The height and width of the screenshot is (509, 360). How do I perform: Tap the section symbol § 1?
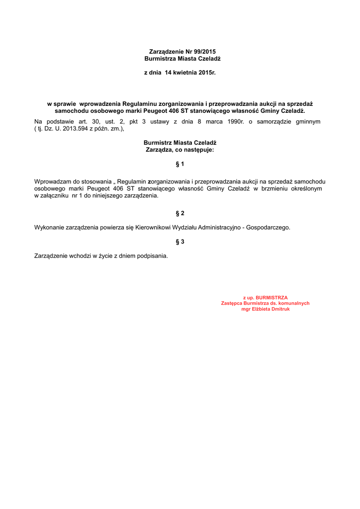pyautogui.click(x=180, y=164)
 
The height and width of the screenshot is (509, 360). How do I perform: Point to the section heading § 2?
pyautogui.click(x=180, y=214)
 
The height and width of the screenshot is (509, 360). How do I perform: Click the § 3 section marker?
pyautogui.click(x=180, y=242)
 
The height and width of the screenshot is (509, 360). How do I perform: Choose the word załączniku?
pyautogui.click(x=54, y=196)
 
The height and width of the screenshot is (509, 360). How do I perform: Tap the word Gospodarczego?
pyautogui.click(x=269, y=228)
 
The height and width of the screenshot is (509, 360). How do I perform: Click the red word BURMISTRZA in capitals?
pyautogui.click(x=271, y=297)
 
